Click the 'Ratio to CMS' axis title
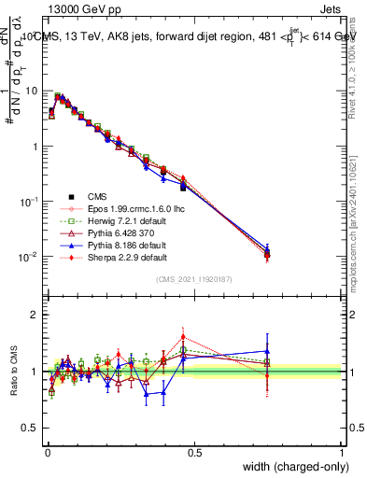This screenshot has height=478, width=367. [13, 371]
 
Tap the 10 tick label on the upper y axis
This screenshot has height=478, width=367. [33, 91]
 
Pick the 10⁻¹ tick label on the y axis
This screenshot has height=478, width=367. [29, 202]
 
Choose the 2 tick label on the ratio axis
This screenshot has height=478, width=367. [35, 315]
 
